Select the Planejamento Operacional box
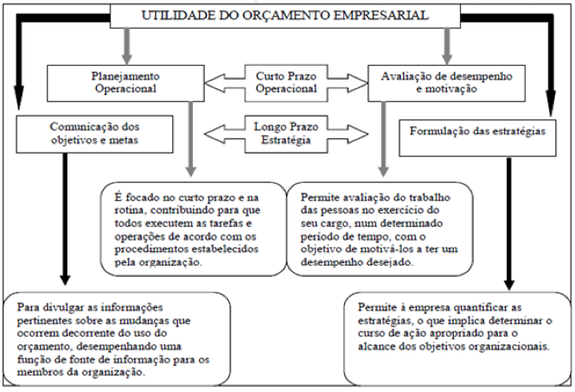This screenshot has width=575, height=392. coord(125,83)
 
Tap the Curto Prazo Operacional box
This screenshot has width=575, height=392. coord(286,83)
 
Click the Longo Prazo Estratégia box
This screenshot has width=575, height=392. coord(286,134)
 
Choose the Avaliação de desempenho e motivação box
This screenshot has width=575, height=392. coord(446,83)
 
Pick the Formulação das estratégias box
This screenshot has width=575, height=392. coord(477,138)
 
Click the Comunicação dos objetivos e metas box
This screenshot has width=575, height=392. coord(94,134)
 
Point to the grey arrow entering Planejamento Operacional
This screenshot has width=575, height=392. coord(127,46)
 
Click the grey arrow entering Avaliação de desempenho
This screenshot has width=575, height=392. coord(447,46)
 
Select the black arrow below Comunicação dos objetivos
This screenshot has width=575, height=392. coord(65,219)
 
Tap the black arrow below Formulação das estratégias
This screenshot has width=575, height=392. coord(509,224)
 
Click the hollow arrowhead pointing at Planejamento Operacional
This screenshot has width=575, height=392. coord(214,83)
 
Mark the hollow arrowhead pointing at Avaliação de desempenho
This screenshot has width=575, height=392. coord(358,83)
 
